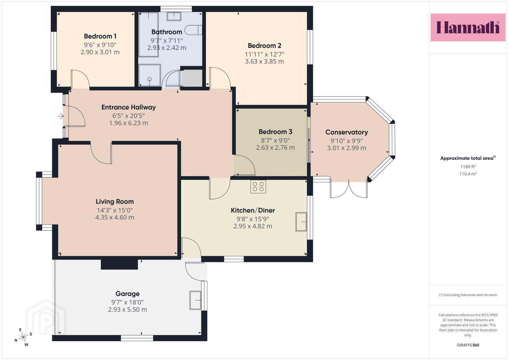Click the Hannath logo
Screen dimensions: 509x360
click(x=468, y=27)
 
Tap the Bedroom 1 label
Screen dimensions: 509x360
click(x=100, y=36)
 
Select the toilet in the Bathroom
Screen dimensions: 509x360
click(x=193, y=30)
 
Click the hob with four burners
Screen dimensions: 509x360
click(x=258, y=187)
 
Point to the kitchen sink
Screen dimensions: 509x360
click(x=301, y=222)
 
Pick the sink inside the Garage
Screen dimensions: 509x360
click(x=195, y=300)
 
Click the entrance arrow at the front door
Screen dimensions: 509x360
click(x=61, y=116)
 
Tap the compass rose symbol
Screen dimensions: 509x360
click(x=23, y=337)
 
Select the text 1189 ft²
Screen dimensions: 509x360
click(x=468, y=167)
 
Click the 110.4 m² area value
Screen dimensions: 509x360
click(x=468, y=174)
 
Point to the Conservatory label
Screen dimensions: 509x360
click(x=347, y=132)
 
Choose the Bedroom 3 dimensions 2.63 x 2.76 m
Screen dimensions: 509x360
click(x=275, y=147)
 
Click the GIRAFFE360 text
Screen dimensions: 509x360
click(x=468, y=345)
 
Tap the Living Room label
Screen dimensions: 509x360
click(x=115, y=202)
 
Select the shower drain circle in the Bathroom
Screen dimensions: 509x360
click(x=149, y=79)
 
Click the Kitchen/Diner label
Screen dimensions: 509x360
click(x=253, y=210)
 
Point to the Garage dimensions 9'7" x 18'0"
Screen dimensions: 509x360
click(x=127, y=302)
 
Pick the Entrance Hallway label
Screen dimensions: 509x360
click(x=129, y=107)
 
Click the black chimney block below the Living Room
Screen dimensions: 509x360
click(x=119, y=264)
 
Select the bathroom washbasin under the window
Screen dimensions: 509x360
click(x=174, y=16)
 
